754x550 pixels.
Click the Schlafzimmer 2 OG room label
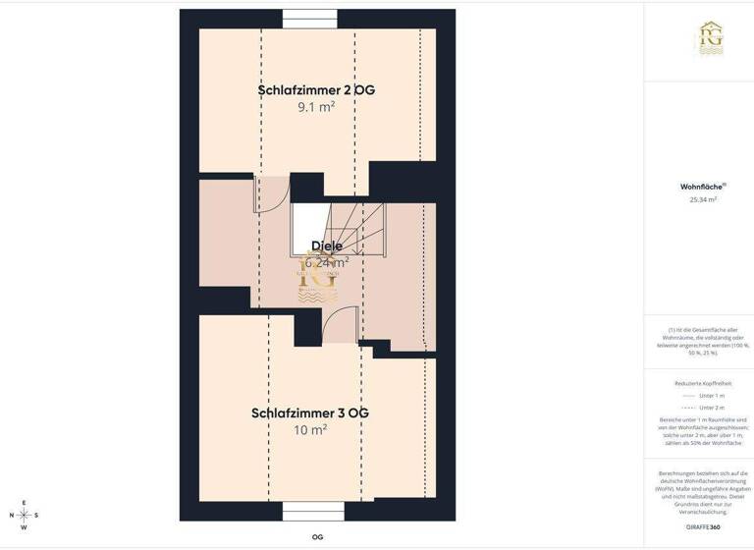pyautogui.click(x=316, y=90)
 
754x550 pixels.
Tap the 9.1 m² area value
pyautogui.click(x=316, y=107)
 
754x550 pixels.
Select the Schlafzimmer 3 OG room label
pyautogui.click(x=310, y=413)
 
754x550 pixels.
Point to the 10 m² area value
pyautogui.click(x=310, y=430)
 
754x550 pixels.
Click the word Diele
pyautogui.click(x=327, y=246)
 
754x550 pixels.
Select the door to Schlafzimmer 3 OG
pyautogui.click(x=340, y=325)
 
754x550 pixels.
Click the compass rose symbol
pyautogui.click(x=24, y=515)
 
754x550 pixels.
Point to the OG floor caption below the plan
pyautogui.click(x=317, y=537)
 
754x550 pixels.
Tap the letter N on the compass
pyautogui.click(x=12, y=515)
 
